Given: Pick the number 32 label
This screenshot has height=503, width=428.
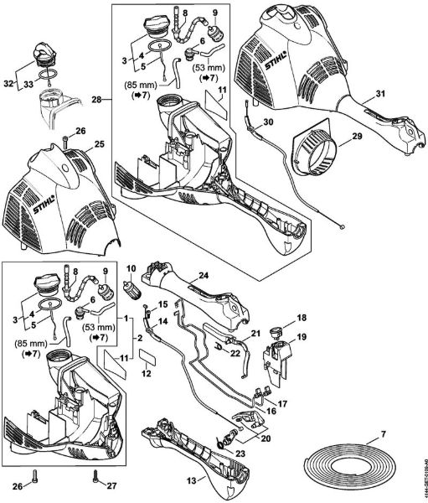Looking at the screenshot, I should coord(8,84).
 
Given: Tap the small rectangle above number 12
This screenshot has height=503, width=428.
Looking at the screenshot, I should coord(146,356).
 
